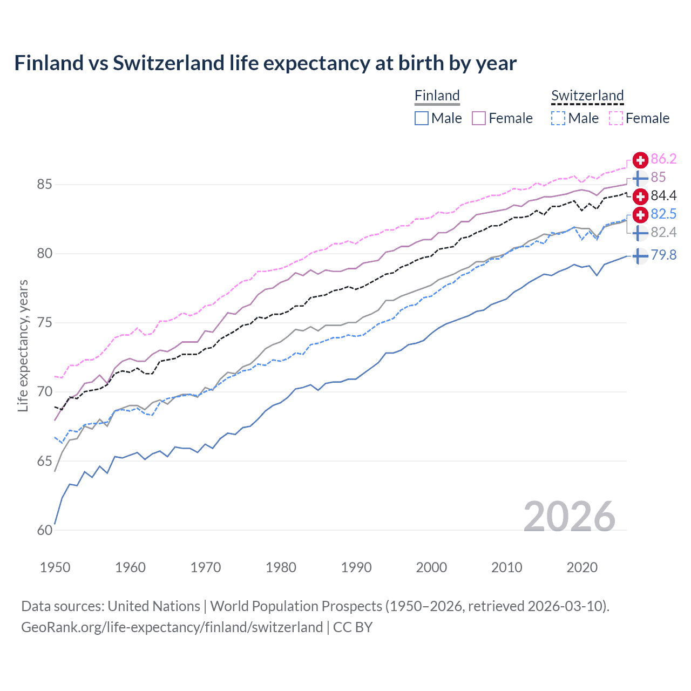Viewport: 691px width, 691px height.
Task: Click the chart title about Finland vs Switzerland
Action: pos(265,63)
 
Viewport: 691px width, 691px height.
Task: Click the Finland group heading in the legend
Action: pos(437,96)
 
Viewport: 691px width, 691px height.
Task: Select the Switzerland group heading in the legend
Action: pos(587,96)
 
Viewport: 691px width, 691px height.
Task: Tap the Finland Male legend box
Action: pos(422,118)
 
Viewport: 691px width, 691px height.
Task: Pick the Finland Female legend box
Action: pos(479,118)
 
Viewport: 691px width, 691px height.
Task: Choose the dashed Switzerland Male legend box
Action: pos(558,118)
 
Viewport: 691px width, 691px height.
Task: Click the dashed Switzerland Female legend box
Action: pos(616,118)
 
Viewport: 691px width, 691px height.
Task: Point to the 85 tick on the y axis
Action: pos(44,185)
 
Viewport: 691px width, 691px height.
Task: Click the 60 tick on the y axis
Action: pos(44,530)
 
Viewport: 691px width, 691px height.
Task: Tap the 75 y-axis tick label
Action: pos(44,323)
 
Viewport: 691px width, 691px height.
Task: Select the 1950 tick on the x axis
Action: pos(55,567)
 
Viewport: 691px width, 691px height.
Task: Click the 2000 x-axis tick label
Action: pos(431,567)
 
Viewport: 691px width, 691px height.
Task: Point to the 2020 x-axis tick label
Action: pos(582,567)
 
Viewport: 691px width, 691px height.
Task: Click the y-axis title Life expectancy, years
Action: pos(23,345)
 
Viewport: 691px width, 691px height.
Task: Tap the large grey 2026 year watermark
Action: pos(569,517)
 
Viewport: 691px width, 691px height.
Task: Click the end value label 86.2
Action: pos(663,159)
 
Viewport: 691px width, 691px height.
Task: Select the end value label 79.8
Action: pos(663,255)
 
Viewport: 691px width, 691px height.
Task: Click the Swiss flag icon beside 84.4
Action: pos(640,196)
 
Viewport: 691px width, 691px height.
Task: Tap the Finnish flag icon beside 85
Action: pos(640,178)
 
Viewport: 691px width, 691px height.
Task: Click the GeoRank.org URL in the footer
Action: pos(172,627)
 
